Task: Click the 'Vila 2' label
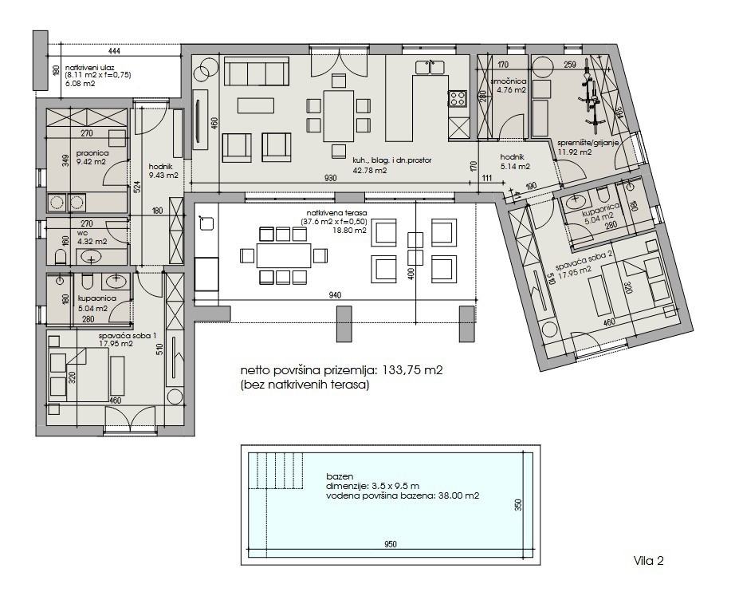point(649,560)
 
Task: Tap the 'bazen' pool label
point(336,476)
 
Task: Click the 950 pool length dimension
point(390,544)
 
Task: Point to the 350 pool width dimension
point(518,504)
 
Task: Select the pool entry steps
point(276,471)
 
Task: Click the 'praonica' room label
point(92,153)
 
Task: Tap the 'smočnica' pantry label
point(509,81)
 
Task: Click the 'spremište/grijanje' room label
point(588,143)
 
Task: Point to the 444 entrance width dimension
point(114,50)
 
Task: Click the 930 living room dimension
point(331,179)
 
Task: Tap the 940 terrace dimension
point(335,295)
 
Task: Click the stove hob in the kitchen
point(458,98)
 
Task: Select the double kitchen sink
point(430,67)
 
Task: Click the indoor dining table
point(338,116)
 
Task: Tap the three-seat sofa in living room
point(256,72)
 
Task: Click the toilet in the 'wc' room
point(61,257)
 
